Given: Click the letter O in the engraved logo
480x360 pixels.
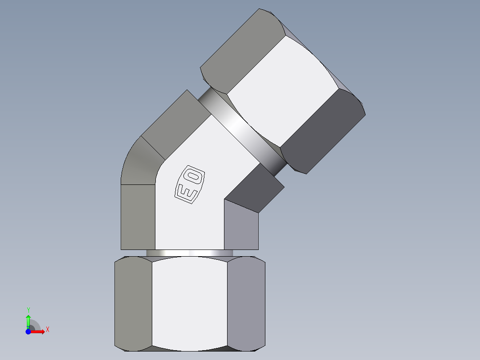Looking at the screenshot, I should (x=195, y=177).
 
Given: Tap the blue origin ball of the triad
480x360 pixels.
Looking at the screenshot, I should (x=28, y=332).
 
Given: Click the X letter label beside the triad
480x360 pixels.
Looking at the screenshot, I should (x=47, y=330).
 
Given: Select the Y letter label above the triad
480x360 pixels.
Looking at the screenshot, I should (x=28, y=310).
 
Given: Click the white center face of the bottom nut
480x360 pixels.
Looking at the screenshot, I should (x=190, y=303).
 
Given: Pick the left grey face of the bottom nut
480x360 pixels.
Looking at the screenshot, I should (x=133, y=303).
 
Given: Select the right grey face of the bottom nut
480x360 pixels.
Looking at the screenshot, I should (x=246, y=303).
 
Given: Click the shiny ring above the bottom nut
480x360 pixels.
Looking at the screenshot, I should (x=189, y=253).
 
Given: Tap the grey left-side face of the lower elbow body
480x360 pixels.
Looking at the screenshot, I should (x=138, y=216).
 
